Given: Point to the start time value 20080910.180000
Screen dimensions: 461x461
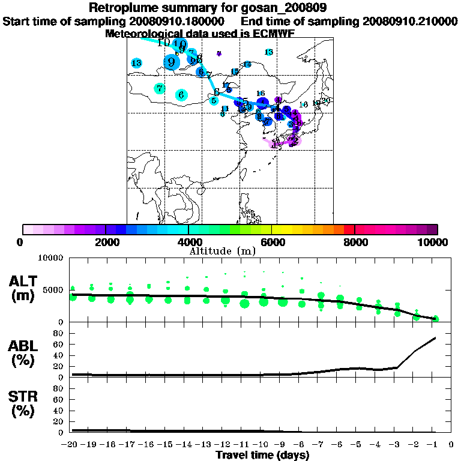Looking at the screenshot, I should click(177, 22).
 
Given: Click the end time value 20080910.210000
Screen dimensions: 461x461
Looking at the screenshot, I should click(410, 22).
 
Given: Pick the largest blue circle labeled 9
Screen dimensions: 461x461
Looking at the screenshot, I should click(172, 62).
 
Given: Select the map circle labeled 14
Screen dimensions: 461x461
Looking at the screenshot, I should click(247, 64).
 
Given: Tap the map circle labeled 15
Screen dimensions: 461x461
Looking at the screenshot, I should click(235, 72).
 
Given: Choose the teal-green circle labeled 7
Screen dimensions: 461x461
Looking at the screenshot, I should click(159, 88).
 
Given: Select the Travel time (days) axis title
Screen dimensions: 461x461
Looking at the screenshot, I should click(262, 455).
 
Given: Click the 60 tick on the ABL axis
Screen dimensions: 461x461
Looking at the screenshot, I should click(59, 345).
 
